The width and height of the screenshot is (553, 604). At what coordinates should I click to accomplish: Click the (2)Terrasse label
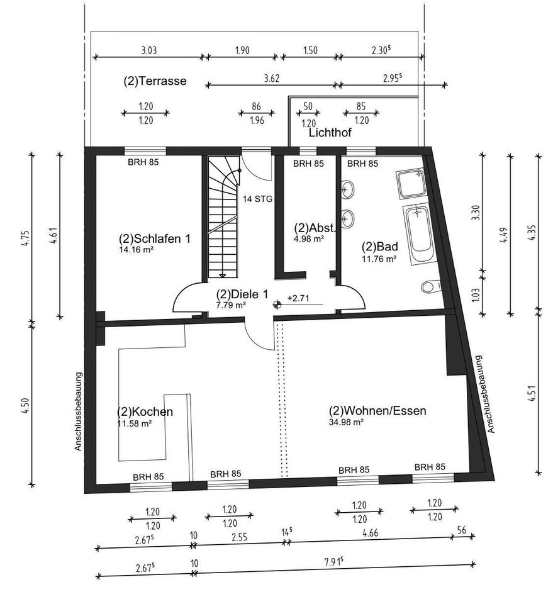(x=155, y=81)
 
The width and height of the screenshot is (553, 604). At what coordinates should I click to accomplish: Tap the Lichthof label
(x=330, y=133)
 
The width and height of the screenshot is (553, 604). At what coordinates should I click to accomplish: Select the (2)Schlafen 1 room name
(x=154, y=239)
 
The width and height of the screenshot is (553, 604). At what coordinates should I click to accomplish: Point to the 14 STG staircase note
(x=258, y=199)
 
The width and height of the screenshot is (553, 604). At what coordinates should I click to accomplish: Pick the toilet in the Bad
(x=430, y=287)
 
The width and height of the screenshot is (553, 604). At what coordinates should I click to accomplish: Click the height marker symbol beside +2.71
(x=277, y=305)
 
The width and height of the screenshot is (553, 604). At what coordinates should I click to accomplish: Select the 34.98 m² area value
(x=346, y=422)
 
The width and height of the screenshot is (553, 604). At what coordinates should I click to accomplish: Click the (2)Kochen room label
(x=145, y=411)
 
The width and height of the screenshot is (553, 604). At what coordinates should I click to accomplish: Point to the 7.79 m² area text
(x=230, y=305)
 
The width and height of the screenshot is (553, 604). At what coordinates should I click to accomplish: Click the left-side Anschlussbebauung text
(x=79, y=411)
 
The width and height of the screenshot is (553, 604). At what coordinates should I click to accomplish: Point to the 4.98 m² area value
(x=309, y=239)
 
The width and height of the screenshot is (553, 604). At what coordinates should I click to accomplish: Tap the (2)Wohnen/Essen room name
(x=377, y=411)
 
